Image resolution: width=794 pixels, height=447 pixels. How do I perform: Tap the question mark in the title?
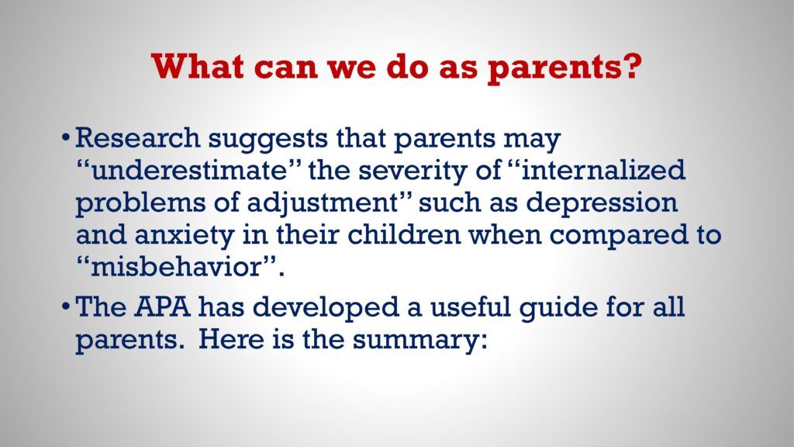tap(631, 65)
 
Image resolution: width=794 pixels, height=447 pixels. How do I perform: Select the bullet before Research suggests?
tap(65, 138)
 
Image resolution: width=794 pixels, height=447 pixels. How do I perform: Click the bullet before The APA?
tap(65, 307)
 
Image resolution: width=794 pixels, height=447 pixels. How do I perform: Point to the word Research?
tap(137, 138)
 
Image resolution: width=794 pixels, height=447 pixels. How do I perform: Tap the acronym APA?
tap(163, 307)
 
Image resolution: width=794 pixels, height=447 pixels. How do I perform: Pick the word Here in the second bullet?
tap(231, 339)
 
